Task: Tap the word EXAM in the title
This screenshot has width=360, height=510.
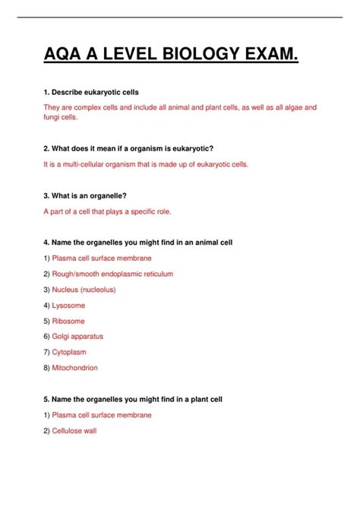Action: (270, 57)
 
